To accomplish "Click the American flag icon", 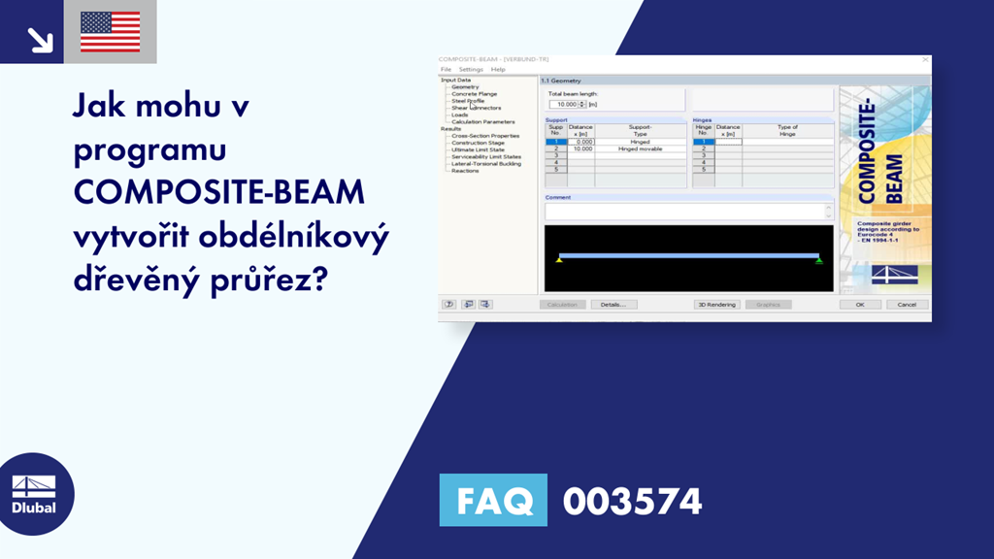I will [x=110, y=31].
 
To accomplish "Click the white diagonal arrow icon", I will [x=39, y=38].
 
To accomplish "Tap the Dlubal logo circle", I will [x=34, y=494].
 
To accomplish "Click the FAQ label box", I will [x=493, y=501].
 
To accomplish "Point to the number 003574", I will [x=632, y=502].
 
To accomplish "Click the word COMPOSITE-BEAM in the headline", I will [x=219, y=192].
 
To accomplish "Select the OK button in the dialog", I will [x=860, y=304].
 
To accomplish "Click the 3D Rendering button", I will [x=717, y=304].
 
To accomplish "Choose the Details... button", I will [x=613, y=304].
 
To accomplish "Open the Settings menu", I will [x=471, y=70].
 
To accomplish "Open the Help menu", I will [x=498, y=70].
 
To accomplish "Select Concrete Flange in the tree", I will [x=474, y=94].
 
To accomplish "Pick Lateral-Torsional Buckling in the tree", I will [x=485, y=164].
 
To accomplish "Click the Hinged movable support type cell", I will [x=640, y=148].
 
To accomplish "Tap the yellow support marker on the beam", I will [x=559, y=260].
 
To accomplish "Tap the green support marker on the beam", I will [x=819, y=260].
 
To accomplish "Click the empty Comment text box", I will [x=684, y=211].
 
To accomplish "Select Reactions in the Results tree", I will [x=465, y=171].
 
